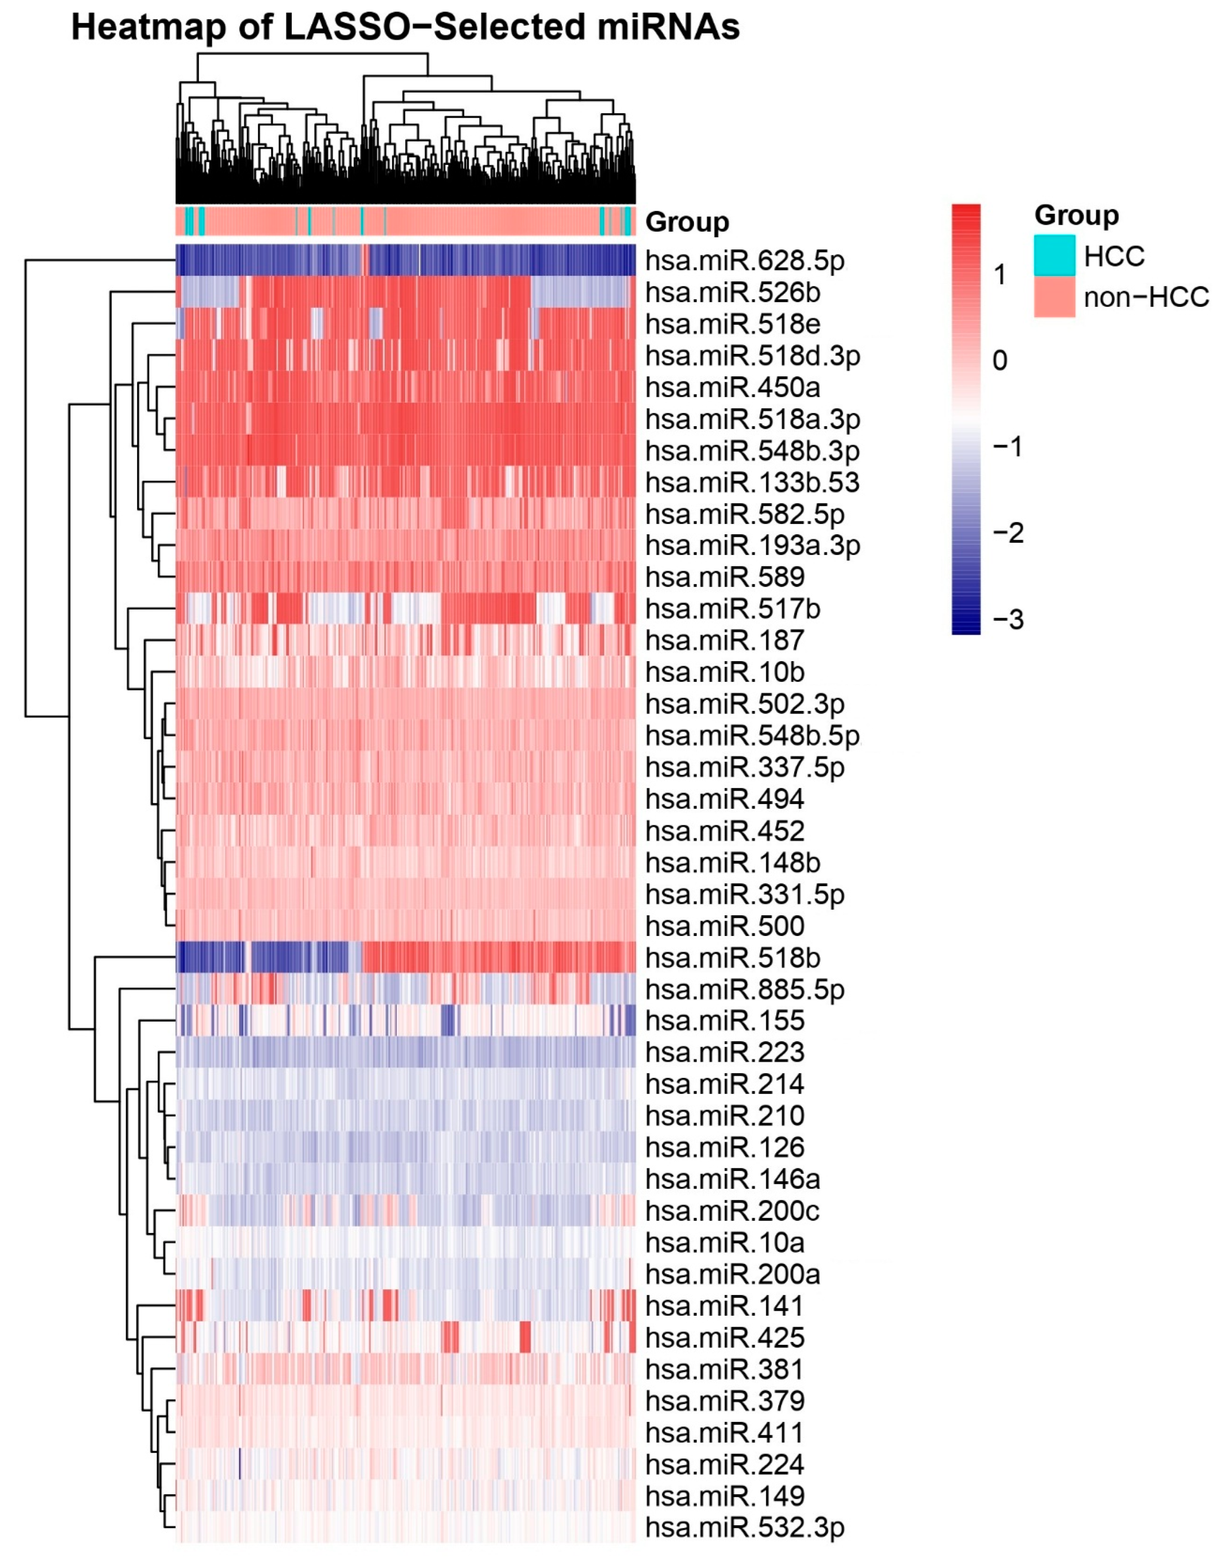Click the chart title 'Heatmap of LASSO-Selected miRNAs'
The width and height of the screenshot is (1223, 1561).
[405, 27]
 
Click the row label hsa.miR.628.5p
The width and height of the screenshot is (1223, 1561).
[745, 261]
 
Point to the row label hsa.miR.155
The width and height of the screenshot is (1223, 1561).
[725, 1021]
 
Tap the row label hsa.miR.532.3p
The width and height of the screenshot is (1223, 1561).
[745, 1528]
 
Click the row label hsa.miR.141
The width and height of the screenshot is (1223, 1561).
[725, 1306]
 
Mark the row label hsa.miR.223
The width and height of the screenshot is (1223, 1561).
[725, 1052]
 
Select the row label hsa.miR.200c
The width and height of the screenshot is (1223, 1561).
[732, 1211]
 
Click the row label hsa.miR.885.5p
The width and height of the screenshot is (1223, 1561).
[745, 990]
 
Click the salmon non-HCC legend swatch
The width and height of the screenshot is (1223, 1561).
[1054, 296]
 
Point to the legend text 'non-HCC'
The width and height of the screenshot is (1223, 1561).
[1146, 296]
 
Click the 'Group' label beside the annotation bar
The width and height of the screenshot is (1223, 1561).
[687, 222]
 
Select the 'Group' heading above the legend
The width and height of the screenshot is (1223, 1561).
[1076, 215]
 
